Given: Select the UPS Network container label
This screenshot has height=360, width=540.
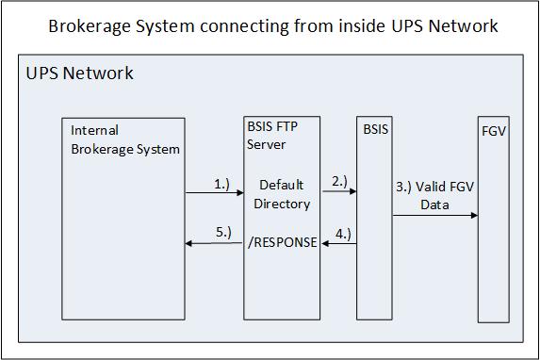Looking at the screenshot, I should (79, 73).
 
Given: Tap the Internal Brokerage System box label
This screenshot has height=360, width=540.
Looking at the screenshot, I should (124, 139).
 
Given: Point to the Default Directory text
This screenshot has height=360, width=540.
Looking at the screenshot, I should (282, 193).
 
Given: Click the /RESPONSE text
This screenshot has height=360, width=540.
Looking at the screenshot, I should (282, 242).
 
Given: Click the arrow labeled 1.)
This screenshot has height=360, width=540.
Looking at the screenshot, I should (214, 193).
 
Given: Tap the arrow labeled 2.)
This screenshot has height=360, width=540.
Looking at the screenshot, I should (339, 192).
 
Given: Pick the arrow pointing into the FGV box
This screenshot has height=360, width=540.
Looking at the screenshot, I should (434, 216).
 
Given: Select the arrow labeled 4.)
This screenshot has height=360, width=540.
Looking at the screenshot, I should (339, 243).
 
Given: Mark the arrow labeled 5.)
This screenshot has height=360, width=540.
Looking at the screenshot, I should (214, 243).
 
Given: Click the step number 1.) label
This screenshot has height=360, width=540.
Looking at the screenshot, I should (221, 184).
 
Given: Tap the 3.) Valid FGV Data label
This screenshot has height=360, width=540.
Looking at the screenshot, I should (434, 195).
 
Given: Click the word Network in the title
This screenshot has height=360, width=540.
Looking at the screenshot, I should (457, 25).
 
